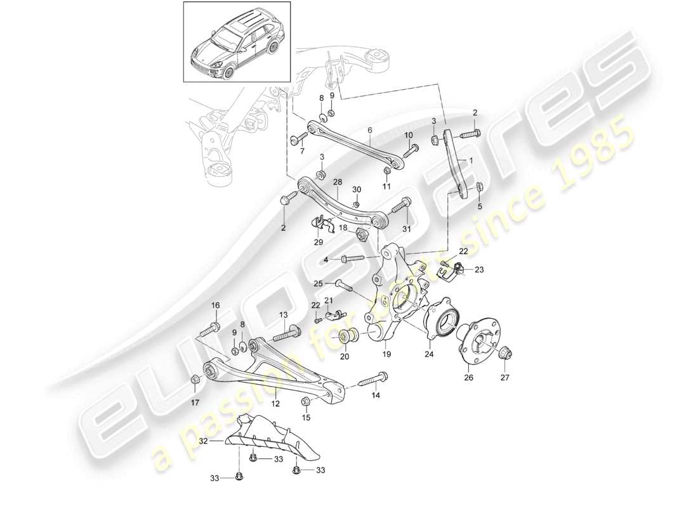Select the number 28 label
(338, 183)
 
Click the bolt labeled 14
(373, 382)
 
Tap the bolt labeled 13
(289, 331)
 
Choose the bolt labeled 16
(212, 328)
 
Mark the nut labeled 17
(195, 379)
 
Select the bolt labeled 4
(353, 259)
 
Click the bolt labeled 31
(400, 207)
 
